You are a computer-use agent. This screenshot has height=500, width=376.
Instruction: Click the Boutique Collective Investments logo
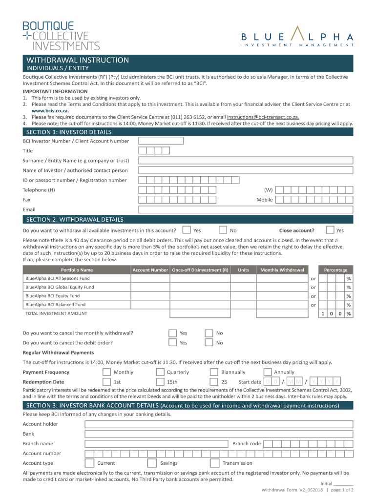61,36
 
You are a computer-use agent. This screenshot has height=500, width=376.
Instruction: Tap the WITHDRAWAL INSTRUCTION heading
78,60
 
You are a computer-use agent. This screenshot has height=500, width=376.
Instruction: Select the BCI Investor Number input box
161,141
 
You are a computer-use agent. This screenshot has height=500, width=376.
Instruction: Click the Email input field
245,209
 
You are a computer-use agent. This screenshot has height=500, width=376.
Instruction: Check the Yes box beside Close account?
330,230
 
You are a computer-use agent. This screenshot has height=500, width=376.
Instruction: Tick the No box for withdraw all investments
223,230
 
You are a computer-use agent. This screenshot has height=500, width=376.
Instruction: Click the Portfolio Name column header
77,270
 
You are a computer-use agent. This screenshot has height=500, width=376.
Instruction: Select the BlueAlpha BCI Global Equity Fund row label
60,287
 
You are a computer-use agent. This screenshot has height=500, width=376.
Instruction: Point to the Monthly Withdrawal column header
282,270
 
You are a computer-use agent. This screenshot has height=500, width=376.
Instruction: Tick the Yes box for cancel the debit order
172,342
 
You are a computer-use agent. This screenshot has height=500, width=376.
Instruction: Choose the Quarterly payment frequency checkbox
160,372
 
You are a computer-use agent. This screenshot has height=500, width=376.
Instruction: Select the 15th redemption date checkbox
160,382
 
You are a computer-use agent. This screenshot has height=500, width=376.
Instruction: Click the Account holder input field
218,424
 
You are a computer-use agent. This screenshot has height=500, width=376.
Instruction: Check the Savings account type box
151,463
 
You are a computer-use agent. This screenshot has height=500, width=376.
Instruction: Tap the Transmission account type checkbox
214,463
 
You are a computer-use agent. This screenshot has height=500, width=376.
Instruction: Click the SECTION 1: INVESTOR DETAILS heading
69,132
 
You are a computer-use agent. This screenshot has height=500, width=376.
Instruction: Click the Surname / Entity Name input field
245,161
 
